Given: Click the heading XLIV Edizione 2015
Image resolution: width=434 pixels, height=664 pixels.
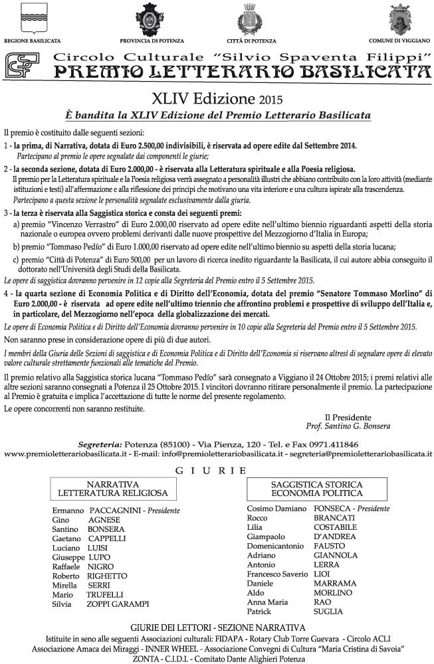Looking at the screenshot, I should point(217,100).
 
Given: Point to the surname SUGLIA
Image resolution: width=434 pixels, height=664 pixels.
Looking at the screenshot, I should point(328,611).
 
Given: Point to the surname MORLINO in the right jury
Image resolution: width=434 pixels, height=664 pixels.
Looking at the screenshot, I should point(334,592).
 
